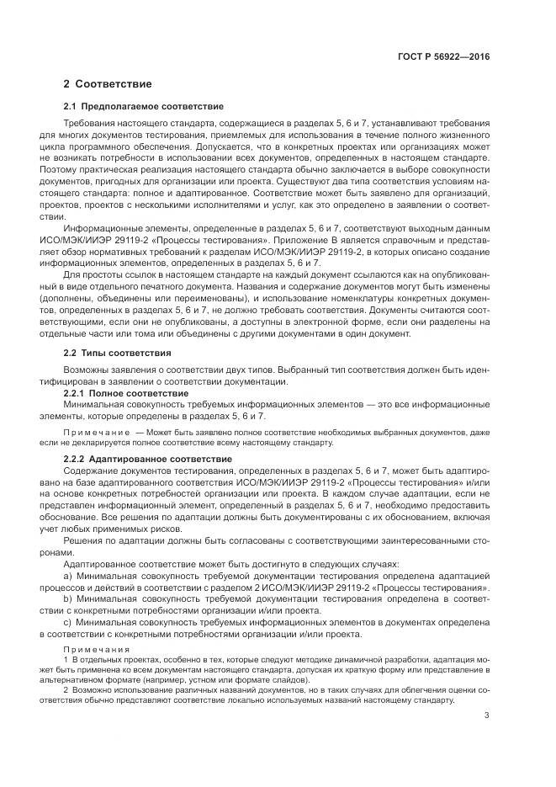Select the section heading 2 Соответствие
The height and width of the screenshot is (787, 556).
pyautogui.click(x=108, y=84)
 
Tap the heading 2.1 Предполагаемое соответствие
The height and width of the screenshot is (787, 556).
pyautogui.click(x=143, y=107)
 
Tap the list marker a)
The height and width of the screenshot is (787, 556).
pyautogui.click(x=68, y=575)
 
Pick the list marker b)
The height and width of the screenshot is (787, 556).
pyautogui.click(x=68, y=598)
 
